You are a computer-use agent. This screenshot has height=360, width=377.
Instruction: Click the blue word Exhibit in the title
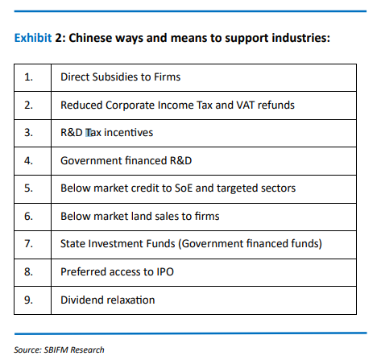[33, 38]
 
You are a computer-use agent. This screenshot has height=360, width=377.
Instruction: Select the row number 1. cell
[32, 77]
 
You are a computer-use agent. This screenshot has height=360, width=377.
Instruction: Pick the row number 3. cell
[32, 133]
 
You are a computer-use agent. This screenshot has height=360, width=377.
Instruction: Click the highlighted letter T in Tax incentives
[89, 133]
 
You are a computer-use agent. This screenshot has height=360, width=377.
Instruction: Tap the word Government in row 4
[91, 160]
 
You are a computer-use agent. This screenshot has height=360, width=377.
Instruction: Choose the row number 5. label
[28, 188]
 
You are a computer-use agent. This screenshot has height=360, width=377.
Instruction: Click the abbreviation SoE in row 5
[184, 188]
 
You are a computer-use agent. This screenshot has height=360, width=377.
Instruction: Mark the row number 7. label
[28, 243]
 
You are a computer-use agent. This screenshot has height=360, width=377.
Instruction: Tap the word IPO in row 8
[165, 271]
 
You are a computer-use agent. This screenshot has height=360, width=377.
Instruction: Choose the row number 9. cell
[32, 300]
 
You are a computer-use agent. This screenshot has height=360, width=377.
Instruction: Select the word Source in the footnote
[27, 350]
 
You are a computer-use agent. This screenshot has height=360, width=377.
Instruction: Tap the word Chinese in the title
[90, 38]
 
